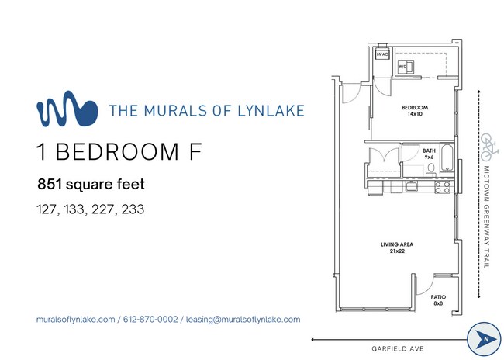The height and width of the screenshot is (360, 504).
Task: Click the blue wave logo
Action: click(67, 110)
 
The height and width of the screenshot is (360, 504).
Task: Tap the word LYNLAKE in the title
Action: click(267, 110)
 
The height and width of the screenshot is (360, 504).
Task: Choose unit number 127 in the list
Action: click(47, 209)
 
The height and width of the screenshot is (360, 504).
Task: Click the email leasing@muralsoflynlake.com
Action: click(243, 319)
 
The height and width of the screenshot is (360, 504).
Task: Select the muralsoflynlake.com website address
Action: click(76, 319)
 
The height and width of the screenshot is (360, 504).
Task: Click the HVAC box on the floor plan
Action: click(381, 54)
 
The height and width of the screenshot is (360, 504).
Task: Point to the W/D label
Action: click(403, 67)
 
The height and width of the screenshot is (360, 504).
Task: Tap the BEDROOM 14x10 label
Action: click(415, 110)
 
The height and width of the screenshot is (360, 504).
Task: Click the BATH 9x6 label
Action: click(428, 154)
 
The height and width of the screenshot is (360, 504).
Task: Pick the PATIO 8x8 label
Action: click(439, 299)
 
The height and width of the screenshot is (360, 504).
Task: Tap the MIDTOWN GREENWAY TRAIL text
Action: click(488, 216)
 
